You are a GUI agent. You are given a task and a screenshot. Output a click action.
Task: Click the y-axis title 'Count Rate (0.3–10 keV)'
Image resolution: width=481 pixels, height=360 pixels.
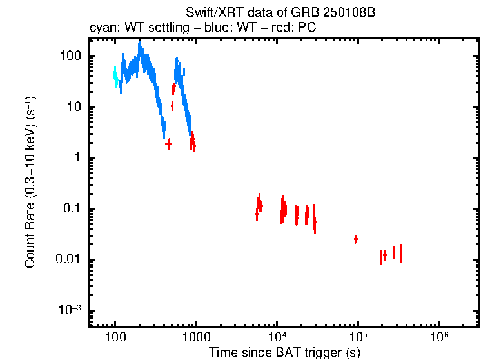(30, 183)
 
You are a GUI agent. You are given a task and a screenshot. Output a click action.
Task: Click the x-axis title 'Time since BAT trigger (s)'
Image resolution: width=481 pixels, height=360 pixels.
(284, 352)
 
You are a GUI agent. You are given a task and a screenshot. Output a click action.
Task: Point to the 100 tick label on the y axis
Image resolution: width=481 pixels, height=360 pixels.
(70, 57)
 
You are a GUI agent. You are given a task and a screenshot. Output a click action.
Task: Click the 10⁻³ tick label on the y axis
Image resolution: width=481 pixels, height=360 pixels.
(70, 310)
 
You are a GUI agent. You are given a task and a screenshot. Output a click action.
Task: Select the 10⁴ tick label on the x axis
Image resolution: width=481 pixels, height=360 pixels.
(277, 337)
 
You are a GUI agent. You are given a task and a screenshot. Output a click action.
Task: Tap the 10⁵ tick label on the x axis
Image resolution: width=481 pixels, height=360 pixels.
(358, 337)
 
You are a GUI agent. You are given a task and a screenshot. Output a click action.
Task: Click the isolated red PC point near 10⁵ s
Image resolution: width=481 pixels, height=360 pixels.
(355, 239)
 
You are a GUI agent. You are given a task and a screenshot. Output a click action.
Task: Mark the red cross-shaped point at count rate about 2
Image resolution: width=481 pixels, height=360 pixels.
(169, 144)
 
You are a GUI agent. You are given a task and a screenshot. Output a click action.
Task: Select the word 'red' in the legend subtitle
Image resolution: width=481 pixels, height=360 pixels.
(284, 29)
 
